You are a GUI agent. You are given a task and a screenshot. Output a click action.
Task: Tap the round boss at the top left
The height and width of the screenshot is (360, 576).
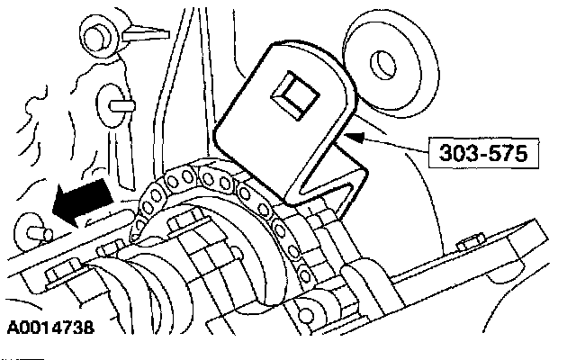(95, 37)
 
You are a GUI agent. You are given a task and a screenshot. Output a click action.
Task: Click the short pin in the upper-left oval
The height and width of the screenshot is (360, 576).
(115, 103)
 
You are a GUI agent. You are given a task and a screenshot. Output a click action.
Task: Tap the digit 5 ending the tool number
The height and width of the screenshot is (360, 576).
(521, 149)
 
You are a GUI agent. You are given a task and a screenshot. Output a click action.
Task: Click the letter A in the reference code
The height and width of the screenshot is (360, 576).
(11, 329)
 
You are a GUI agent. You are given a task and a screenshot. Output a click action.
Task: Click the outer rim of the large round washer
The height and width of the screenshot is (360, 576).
(410, 45)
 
